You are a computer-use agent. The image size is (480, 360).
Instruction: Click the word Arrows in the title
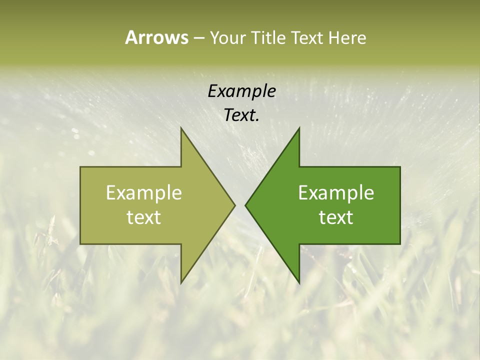point(156,37)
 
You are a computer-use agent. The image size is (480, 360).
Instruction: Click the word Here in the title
point(347,38)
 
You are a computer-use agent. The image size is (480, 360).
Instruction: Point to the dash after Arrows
point(198,38)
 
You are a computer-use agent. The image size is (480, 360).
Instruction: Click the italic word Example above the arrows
point(241,91)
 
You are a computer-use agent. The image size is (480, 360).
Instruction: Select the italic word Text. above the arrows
point(241,115)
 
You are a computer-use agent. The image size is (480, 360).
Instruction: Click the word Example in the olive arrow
point(143,192)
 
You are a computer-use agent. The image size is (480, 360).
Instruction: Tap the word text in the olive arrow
point(143,217)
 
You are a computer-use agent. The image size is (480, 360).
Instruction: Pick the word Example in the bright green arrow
point(336,192)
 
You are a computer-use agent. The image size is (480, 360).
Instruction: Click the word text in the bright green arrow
point(336,217)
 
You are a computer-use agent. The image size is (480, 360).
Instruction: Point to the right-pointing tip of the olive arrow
point(235,205)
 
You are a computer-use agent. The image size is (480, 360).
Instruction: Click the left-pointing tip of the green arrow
point(245,205)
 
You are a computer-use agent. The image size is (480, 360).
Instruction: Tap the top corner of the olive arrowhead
point(181,128)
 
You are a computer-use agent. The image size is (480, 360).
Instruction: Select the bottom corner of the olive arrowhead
point(181,282)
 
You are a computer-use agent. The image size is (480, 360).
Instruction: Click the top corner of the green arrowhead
point(299,128)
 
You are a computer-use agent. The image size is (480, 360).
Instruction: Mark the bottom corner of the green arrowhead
point(299,282)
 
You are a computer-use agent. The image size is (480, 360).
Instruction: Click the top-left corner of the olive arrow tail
point(80,167)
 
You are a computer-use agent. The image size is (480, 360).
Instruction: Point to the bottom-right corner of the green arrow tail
point(400,244)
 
